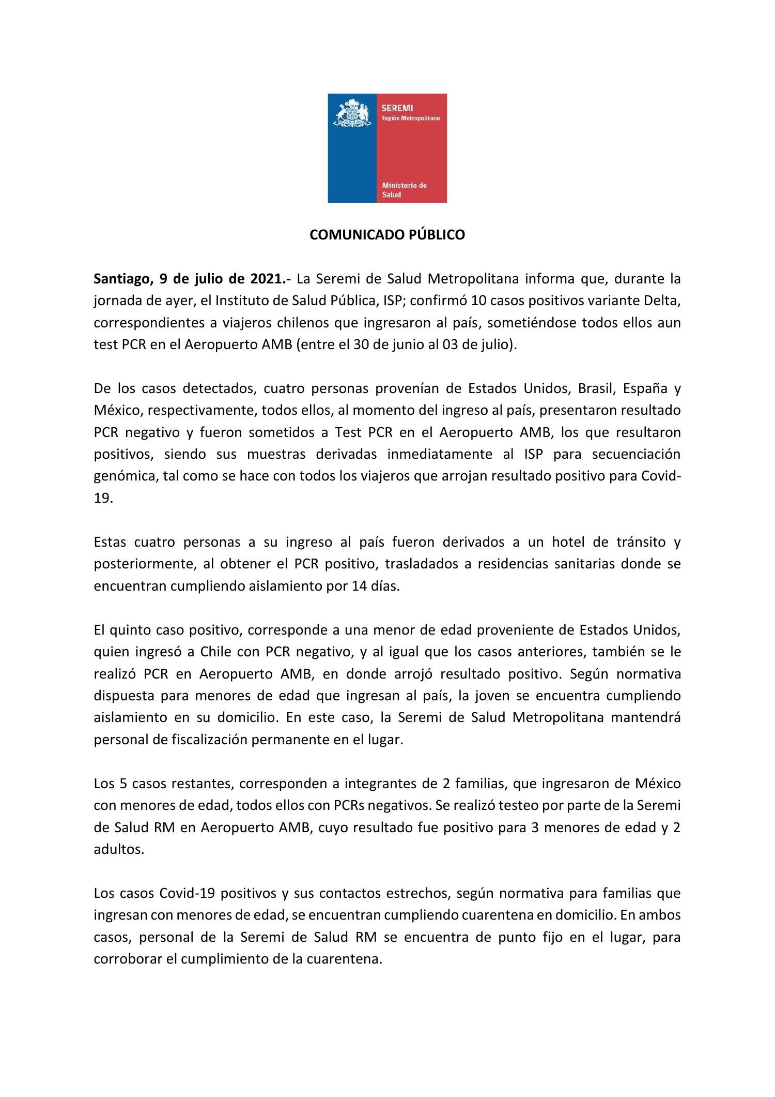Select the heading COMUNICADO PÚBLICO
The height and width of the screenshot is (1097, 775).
[387, 235]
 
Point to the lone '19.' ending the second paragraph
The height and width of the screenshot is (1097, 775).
[103, 498]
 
